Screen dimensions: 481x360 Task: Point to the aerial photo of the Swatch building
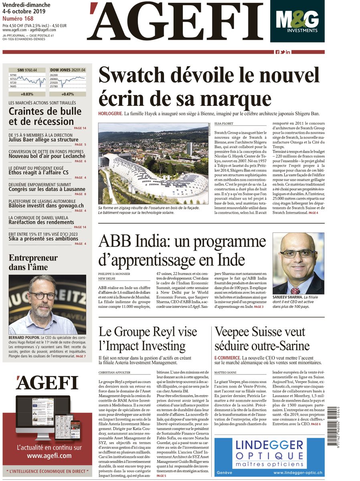coord(153,164)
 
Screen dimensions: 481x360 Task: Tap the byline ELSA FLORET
coord(224,124)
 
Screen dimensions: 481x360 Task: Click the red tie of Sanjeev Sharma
coord(295,290)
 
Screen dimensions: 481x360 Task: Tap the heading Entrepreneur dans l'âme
coord(33,262)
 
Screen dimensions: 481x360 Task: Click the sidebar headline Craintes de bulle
coord(41,116)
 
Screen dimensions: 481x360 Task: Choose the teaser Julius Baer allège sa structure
coord(44,140)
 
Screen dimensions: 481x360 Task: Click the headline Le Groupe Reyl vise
coord(148,339)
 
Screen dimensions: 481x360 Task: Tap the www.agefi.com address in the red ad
coord(49,456)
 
